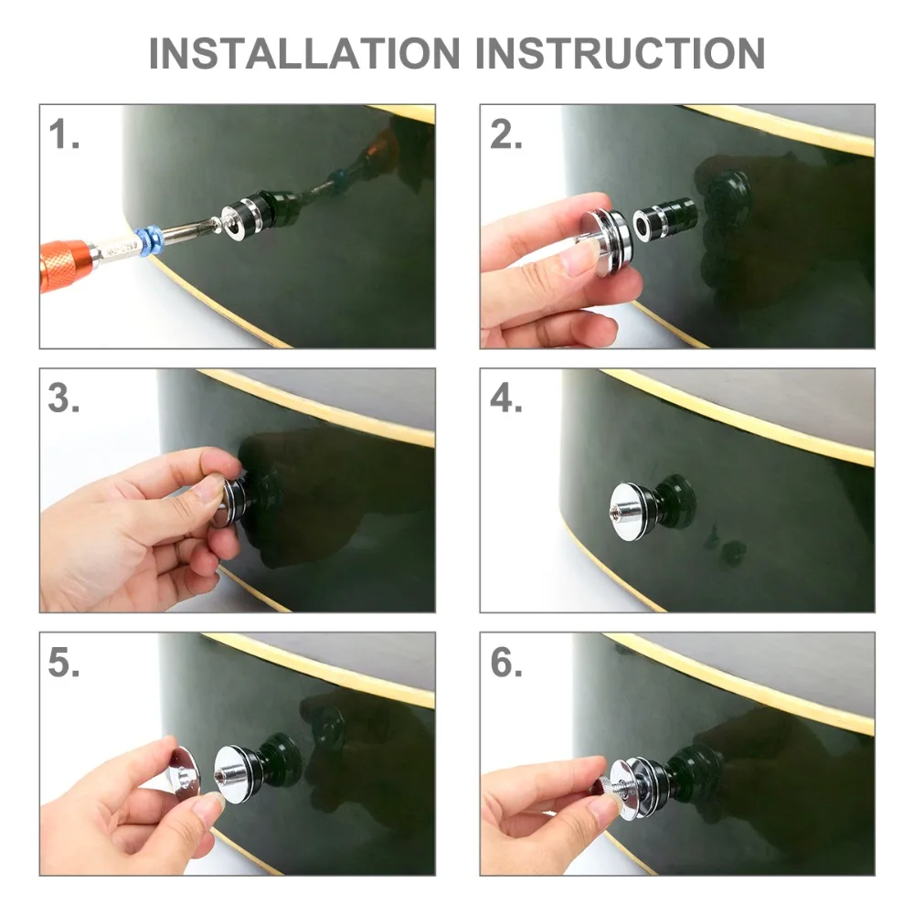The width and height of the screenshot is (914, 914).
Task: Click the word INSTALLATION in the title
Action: click(305, 54)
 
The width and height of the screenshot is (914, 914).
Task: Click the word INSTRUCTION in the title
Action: click(621, 54)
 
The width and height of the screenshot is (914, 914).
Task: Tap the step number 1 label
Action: click(64, 134)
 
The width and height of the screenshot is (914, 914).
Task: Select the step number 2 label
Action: click(505, 134)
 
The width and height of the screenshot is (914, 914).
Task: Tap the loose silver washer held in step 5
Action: click(185, 771)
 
